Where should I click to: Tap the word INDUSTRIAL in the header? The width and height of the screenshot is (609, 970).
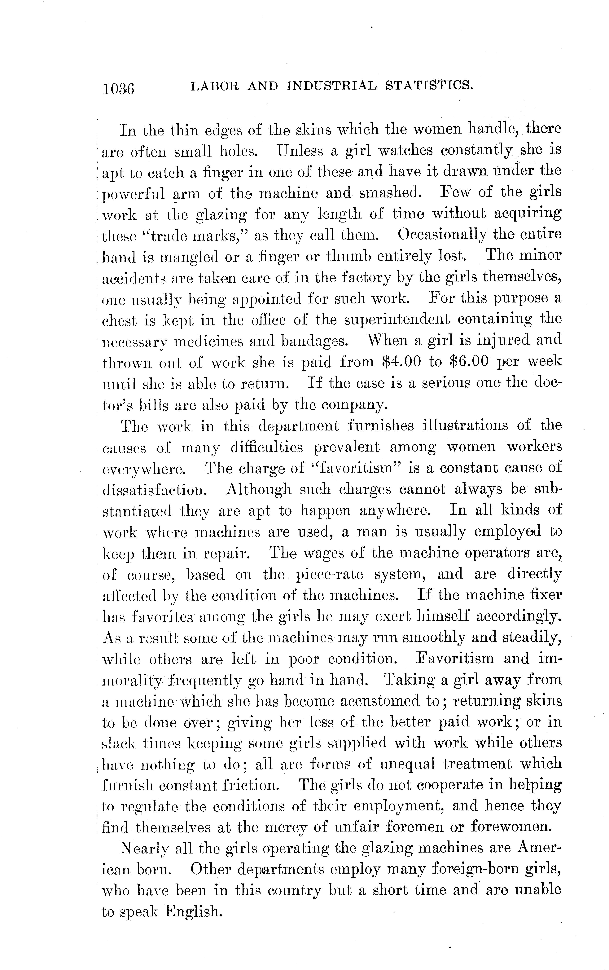point(332,86)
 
